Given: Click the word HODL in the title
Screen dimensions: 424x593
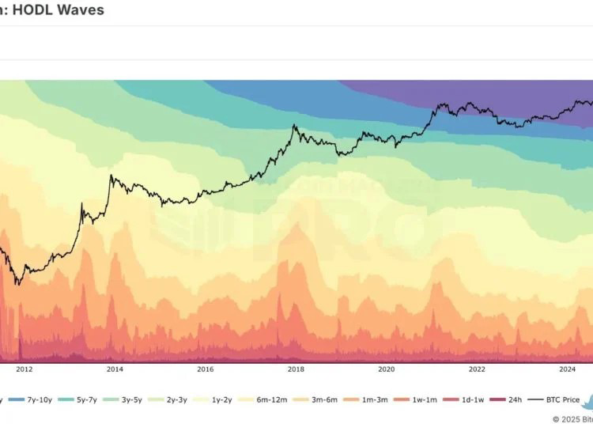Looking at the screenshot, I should [x=34, y=11].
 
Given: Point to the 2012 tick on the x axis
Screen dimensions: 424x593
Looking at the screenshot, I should [x=24, y=369].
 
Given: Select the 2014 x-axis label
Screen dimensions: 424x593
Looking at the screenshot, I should [x=115, y=369].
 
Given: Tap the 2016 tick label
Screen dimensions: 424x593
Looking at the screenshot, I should [x=206, y=369].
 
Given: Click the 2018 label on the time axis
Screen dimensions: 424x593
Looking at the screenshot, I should [x=296, y=369].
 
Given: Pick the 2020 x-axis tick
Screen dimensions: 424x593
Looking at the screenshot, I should [x=387, y=369].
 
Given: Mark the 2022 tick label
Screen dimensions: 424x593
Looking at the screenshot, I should [x=477, y=369].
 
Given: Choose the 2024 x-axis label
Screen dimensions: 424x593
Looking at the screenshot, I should [x=568, y=369].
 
